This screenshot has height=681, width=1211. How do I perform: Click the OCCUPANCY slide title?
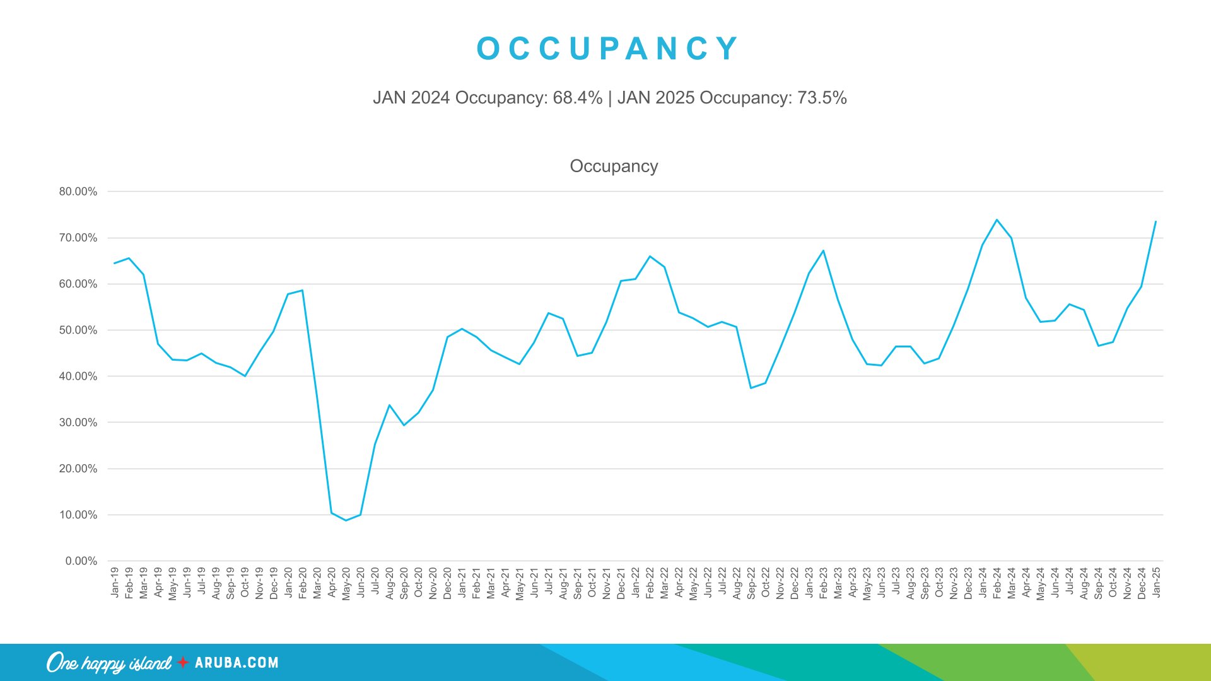tap(607, 49)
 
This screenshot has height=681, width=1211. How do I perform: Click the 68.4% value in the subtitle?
tap(577, 98)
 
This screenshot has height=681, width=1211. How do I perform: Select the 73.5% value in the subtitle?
tap(822, 98)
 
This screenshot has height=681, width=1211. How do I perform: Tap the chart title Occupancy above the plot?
tap(614, 166)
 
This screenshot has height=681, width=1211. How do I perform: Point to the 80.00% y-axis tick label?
tap(78, 192)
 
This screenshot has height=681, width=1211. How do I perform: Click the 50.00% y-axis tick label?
tap(78, 330)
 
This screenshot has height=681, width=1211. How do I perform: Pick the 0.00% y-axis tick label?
tap(81, 561)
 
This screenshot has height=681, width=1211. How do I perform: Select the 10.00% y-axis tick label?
tap(78, 515)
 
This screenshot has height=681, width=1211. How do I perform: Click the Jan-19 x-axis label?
tap(115, 582)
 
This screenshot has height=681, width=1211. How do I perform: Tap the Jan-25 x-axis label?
tap(1156, 582)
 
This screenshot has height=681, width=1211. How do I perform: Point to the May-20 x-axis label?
tap(346, 583)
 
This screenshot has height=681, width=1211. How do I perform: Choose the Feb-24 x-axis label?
tap(997, 583)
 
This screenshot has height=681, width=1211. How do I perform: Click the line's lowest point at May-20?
tap(346, 520)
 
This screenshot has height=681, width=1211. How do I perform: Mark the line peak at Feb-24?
tap(997, 220)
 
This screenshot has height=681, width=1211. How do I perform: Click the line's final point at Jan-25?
tap(1155, 221)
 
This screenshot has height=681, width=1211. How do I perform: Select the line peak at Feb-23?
tap(823, 251)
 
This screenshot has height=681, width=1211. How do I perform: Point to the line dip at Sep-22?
tap(751, 388)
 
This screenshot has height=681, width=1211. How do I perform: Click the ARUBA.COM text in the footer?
tap(237, 663)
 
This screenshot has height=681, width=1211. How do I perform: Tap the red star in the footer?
tap(183, 662)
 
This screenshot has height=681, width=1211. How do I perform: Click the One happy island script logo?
tap(108, 663)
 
